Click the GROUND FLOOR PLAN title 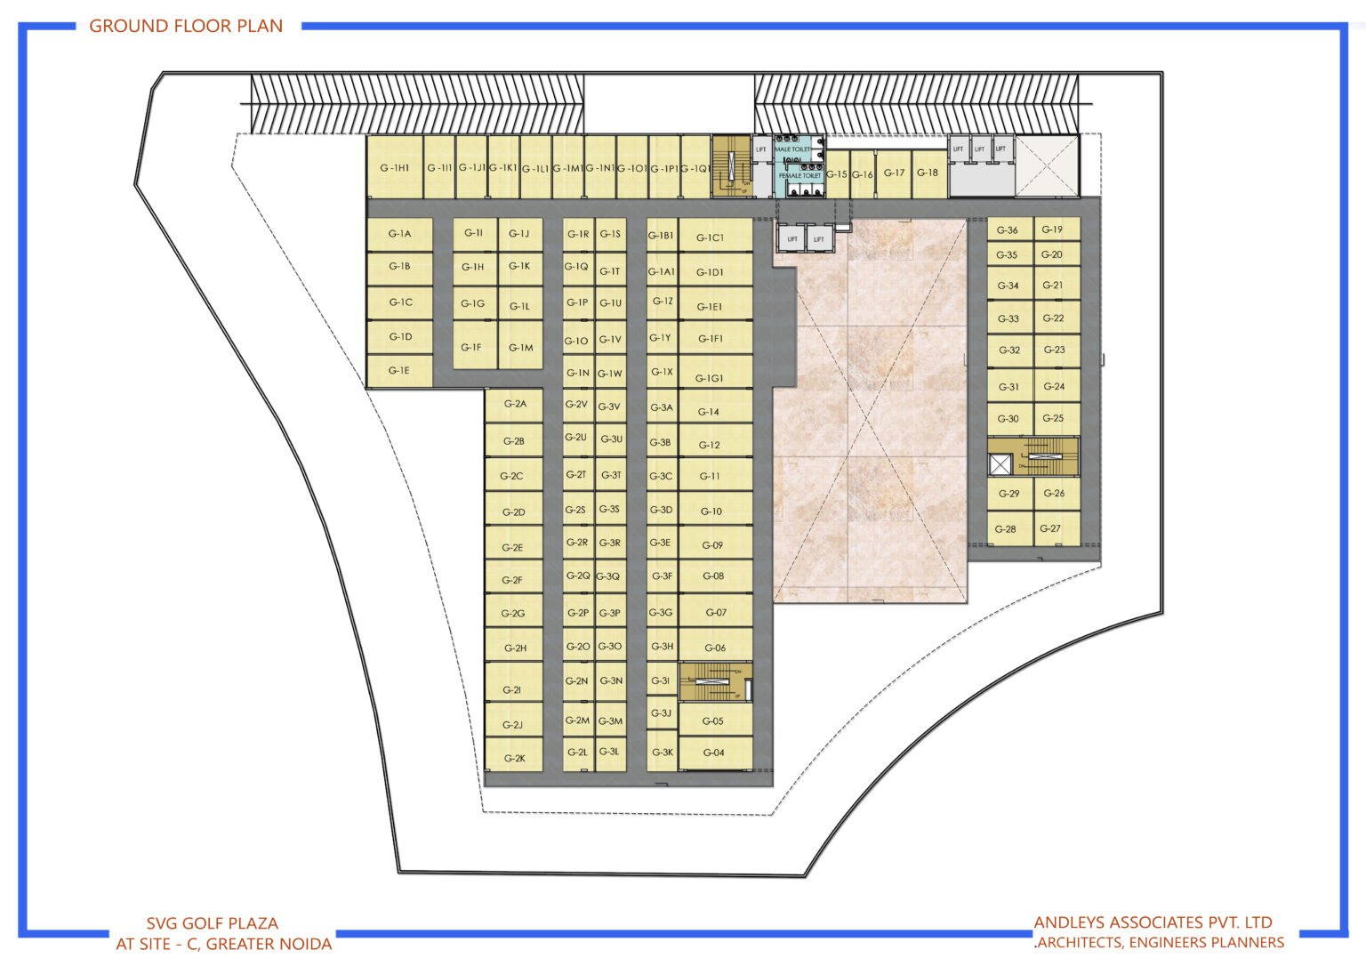click(x=186, y=26)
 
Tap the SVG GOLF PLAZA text click(x=213, y=923)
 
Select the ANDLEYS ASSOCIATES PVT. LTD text click(x=1153, y=922)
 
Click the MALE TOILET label click(x=792, y=149)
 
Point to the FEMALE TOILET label click(x=800, y=175)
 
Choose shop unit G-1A click(x=399, y=234)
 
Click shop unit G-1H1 click(x=395, y=167)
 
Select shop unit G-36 click(x=1008, y=229)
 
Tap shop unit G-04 click(x=714, y=753)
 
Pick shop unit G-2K click(x=514, y=758)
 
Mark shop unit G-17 click(x=894, y=173)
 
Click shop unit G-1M click(x=520, y=348)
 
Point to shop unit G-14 click(x=709, y=411)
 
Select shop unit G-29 click(x=1009, y=493)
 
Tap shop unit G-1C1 click(x=710, y=237)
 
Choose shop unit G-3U click(x=611, y=439)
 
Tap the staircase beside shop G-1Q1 click(x=731, y=166)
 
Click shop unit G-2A click(x=515, y=404)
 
